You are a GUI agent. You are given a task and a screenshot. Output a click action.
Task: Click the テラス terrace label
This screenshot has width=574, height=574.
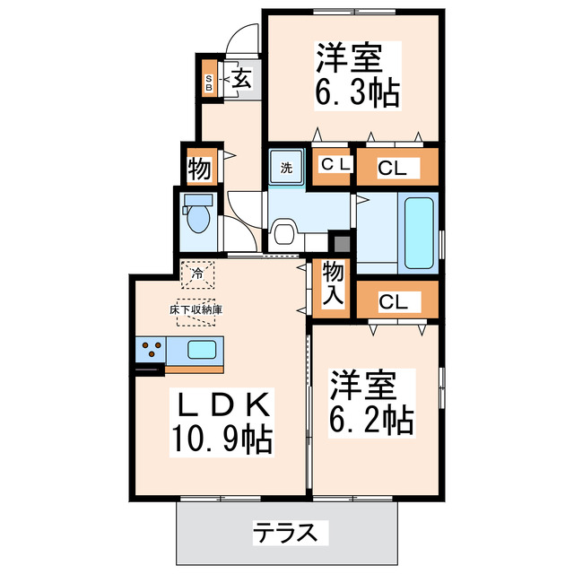point(283,533)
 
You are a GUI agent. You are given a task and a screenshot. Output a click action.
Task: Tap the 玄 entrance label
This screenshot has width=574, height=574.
point(242,79)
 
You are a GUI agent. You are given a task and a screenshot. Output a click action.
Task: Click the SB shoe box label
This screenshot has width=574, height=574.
point(209,83)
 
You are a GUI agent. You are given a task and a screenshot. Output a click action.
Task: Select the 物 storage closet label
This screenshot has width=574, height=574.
point(198,167)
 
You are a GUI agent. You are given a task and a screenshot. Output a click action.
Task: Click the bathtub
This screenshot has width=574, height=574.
point(419,233)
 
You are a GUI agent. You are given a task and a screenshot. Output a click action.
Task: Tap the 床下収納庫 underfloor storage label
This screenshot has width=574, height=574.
point(196,309)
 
